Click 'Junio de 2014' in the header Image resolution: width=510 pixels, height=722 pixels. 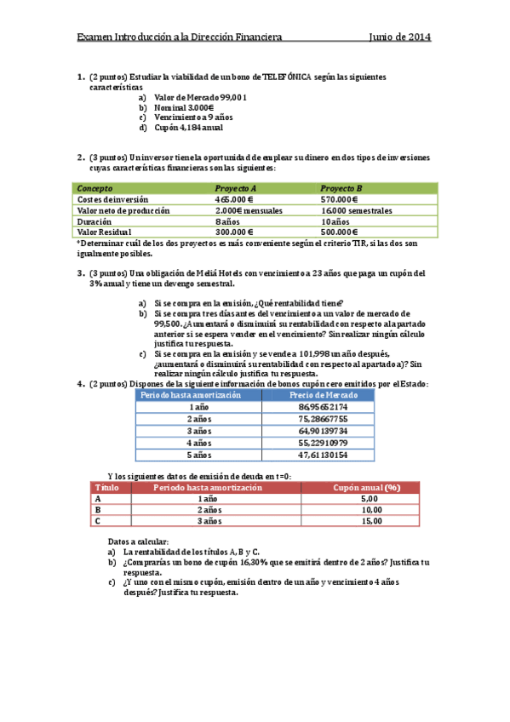click(399, 37)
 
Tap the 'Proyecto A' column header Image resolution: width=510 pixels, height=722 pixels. click(236, 187)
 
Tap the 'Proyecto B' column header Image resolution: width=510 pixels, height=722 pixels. click(341, 187)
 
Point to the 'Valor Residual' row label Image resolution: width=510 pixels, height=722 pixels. click(105, 232)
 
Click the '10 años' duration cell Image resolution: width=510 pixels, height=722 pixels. click(335, 221)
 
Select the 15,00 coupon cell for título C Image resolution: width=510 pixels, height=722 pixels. click(370, 521)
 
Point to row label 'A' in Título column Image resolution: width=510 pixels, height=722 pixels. click(99, 498)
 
